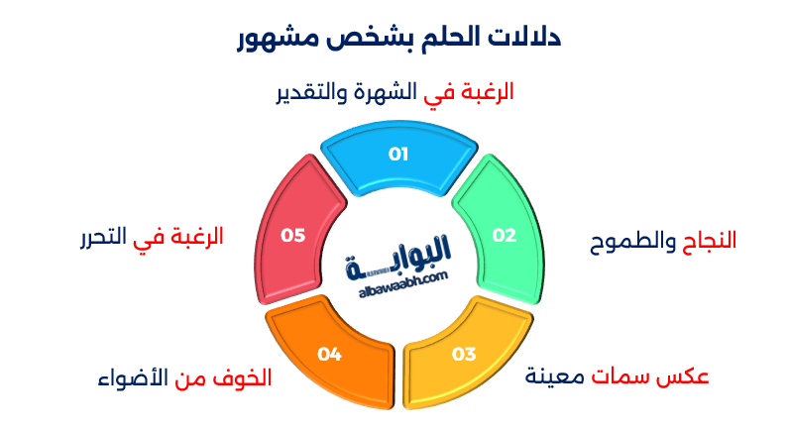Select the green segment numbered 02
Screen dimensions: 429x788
tap(502, 235)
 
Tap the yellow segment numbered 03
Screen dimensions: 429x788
tap(464, 354)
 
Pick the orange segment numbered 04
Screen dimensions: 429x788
tap(330, 354)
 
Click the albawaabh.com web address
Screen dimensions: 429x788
tap(398, 280)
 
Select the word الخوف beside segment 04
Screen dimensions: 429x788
tap(244, 378)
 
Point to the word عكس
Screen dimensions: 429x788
tap(685, 376)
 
